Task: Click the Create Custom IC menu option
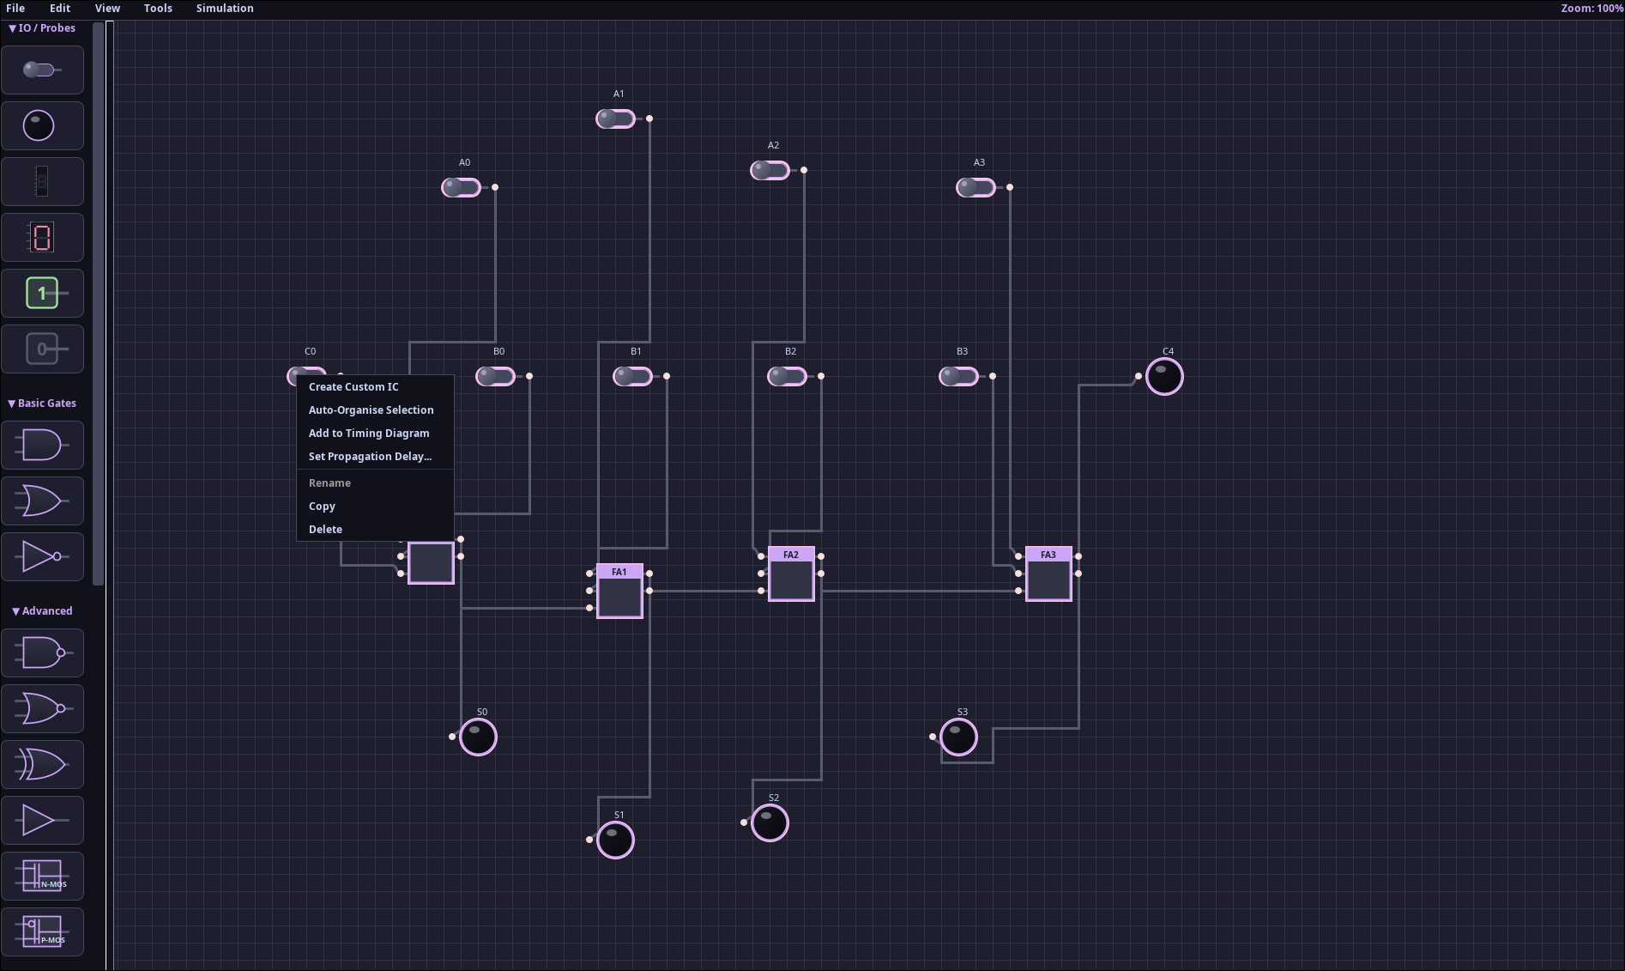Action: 353,387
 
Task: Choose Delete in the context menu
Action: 325,530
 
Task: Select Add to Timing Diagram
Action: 369,434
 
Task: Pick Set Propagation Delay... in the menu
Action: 370,457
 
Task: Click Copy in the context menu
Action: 322,507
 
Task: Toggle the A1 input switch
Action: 616,118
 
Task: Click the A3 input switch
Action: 976,187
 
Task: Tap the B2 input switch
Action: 788,376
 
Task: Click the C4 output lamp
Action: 1164,377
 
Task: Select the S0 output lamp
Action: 478,737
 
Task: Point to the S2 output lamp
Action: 770,823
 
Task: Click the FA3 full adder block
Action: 1048,574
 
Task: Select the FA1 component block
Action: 619,592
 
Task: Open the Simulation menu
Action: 225,9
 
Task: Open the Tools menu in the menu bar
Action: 158,9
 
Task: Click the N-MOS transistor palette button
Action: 43,877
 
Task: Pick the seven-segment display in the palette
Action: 43,238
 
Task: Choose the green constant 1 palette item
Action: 43,294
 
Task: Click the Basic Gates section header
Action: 42,404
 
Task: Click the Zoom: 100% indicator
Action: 1592,9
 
